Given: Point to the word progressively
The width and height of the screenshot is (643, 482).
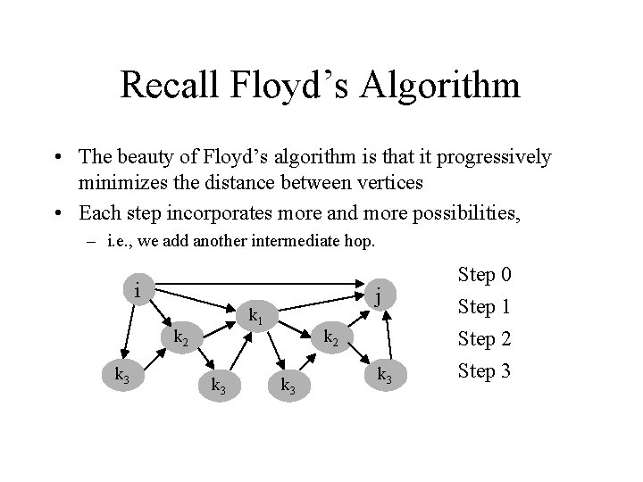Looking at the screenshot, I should point(495,157).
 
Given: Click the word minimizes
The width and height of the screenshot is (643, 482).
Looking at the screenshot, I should point(118,185).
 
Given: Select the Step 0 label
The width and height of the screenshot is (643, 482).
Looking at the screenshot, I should point(483,275).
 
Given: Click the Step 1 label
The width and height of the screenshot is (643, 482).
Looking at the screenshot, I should point(483,307).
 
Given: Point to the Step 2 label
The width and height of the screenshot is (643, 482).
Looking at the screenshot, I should point(483,339).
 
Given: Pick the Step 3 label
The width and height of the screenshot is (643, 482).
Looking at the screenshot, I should point(483,370).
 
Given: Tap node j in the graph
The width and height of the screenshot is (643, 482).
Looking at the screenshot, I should point(379,295).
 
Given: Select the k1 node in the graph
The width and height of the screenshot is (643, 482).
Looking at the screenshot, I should point(255,315).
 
